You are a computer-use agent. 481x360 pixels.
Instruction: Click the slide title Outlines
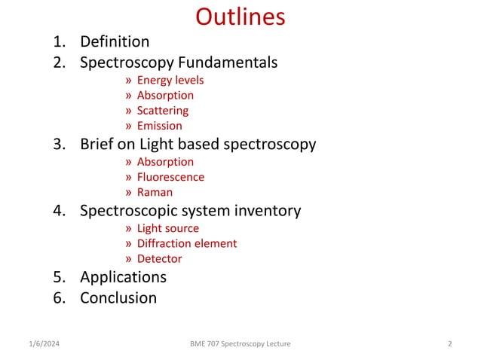[240, 17]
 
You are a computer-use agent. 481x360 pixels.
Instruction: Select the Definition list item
[115, 41]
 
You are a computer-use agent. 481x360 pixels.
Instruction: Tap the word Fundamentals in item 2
[228, 63]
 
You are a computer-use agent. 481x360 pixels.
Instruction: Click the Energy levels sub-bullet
[170, 81]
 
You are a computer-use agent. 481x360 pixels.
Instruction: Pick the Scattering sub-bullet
[162, 111]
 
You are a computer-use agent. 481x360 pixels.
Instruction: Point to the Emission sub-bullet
[159, 126]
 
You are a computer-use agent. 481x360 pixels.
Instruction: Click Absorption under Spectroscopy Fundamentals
[165, 96]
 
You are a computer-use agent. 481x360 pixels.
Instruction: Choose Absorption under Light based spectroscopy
[165, 162]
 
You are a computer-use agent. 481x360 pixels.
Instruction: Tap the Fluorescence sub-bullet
[170, 177]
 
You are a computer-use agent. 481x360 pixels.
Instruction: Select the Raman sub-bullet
[155, 192]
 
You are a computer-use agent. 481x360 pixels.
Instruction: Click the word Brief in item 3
[98, 144]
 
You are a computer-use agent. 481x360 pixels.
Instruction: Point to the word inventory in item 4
[266, 210]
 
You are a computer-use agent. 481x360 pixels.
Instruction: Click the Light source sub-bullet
[167, 228]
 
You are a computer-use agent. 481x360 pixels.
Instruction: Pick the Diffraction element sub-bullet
[186, 243]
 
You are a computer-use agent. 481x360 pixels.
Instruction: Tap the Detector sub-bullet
[159, 258]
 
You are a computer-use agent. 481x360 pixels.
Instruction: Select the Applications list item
[123, 276]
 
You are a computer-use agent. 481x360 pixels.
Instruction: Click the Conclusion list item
[118, 297]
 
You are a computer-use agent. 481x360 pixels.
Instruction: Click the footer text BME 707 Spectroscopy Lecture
[240, 344]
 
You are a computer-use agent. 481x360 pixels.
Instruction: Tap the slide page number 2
[449, 344]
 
